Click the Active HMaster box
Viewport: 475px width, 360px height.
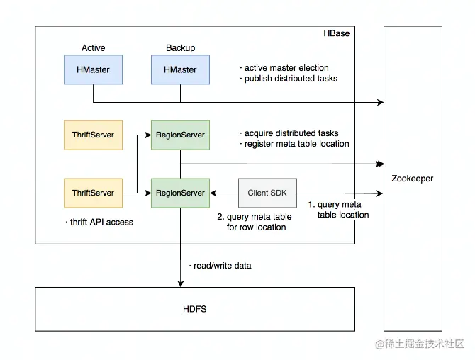[x=93, y=70]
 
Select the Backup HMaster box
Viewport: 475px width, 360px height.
[x=180, y=70]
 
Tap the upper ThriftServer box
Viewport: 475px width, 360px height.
[x=93, y=135]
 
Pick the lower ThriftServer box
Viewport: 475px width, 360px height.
[x=93, y=193]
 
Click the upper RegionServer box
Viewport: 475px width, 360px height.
[x=180, y=135]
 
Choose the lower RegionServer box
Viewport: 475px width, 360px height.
[x=180, y=193]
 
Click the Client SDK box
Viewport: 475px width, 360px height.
[x=267, y=193]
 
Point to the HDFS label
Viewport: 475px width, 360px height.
[x=195, y=310]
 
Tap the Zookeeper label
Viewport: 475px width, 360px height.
[x=412, y=179]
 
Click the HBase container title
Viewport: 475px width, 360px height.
[x=336, y=33]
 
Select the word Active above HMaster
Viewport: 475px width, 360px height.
[x=93, y=48]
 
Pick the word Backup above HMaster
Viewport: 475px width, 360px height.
[x=180, y=48]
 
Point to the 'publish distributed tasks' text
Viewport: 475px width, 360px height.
[x=290, y=79]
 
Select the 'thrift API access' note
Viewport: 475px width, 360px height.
[x=100, y=222]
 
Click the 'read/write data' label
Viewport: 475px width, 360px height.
[x=221, y=266]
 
